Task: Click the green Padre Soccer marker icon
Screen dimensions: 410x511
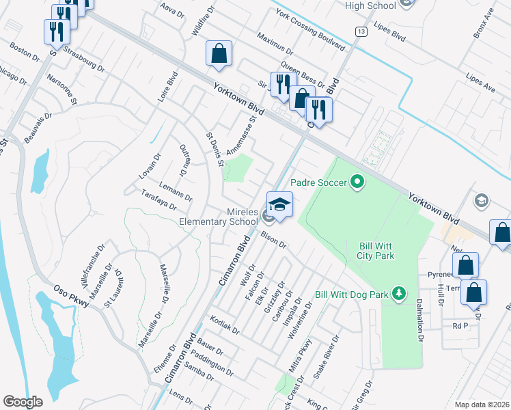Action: click(x=355, y=182)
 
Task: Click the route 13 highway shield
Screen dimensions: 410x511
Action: click(x=360, y=31)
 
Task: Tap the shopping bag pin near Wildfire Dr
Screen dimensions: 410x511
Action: click(x=219, y=53)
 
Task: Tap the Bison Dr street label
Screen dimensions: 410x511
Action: click(x=273, y=239)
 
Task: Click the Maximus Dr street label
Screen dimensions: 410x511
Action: click(x=275, y=42)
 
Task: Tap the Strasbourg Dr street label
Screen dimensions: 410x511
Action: click(x=83, y=59)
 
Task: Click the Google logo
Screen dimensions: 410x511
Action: click(x=23, y=402)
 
